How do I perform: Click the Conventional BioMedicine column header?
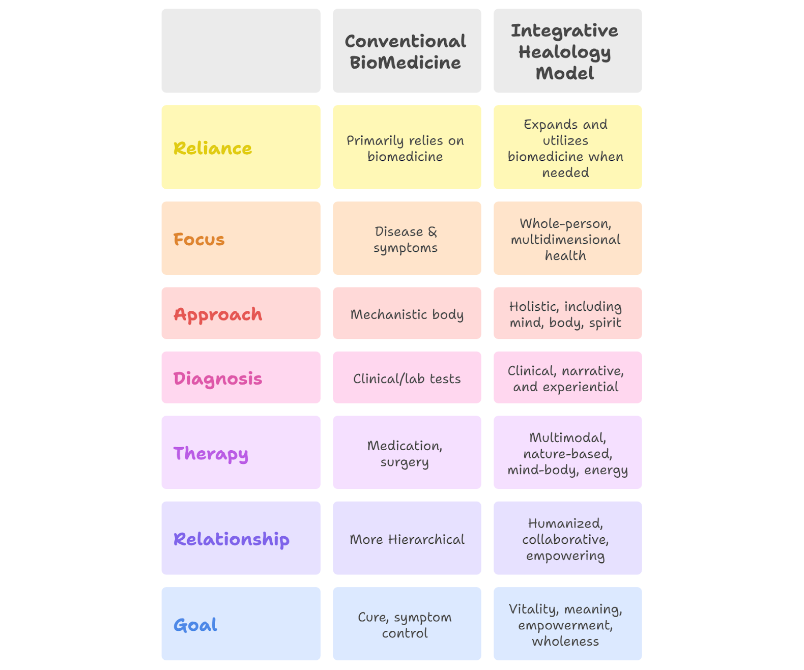click(406, 51)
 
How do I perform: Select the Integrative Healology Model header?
click(565, 51)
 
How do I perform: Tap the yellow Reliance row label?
click(213, 148)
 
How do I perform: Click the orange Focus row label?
click(199, 239)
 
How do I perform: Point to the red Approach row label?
click(218, 314)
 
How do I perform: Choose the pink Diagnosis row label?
click(218, 378)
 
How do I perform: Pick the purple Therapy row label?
click(211, 453)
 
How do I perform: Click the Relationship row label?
click(232, 539)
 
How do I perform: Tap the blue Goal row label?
click(195, 625)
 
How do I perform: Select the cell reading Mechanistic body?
click(407, 314)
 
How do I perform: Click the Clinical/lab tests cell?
click(407, 378)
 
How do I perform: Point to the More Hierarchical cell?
click(407, 539)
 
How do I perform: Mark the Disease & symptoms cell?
click(406, 240)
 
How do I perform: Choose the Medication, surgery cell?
click(405, 454)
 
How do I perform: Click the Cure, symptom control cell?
click(405, 625)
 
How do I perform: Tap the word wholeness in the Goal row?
click(565, 641)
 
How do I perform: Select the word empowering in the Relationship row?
click(565, 556)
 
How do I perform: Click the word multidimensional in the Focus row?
click(565, 240)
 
